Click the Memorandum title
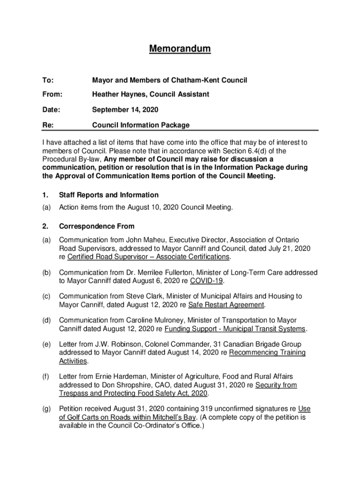point(180,49)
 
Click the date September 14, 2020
point(125,109)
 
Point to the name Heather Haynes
point(117,94)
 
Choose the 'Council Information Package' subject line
point(141,125)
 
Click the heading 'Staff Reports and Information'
point(108,195)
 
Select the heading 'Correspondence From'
point(96,226)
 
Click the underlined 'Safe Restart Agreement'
point(226,305)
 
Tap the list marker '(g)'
point(46,409)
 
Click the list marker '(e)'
point(46,344)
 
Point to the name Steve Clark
point(142,296)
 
